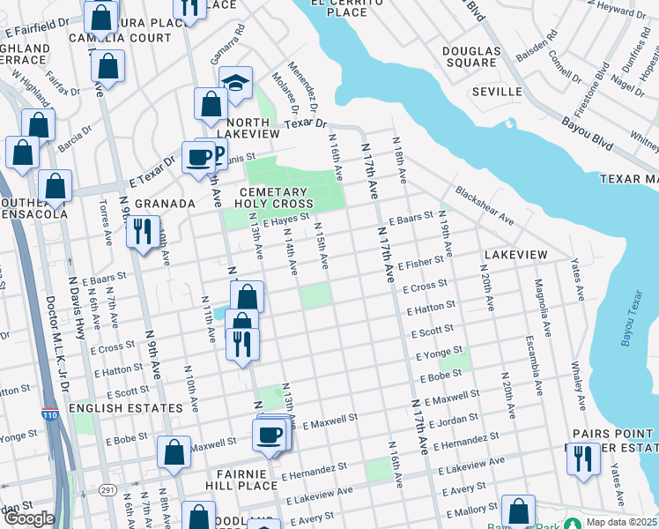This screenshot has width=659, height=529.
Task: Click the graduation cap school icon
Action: click(x=235, y=84)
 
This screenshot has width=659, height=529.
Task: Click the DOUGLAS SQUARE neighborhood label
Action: click(x=470, y=56)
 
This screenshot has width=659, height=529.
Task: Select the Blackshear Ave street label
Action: click(x=484, y=204)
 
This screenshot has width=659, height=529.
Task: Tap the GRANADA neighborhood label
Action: click(x=164, y=204)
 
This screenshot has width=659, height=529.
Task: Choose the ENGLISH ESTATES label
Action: click(x=125, y=408)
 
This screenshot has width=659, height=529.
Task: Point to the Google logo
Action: click(x=29, y=518)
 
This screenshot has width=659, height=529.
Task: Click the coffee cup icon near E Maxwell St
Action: click(x=269, y=435)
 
